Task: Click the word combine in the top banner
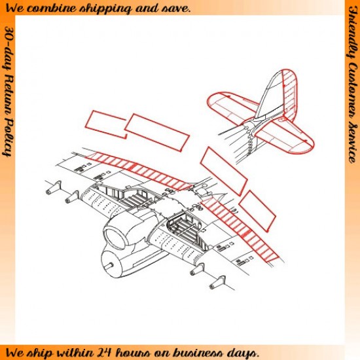[53, 9]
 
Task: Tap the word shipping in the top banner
[105, 9]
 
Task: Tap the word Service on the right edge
[352, 144]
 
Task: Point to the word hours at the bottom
[133, 352]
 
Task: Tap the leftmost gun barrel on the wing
[54, 187]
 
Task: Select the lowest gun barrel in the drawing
[217, 283]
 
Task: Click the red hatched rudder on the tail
[290, 94]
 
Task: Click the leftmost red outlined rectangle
[105, 124]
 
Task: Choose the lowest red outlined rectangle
[257, 211]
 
